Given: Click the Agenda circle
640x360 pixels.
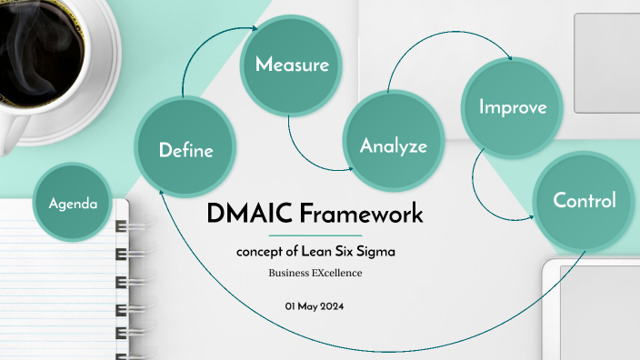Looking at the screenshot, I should point(73,203).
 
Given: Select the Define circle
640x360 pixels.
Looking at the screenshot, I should point(185,150).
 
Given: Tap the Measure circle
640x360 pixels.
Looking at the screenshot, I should point(291,65).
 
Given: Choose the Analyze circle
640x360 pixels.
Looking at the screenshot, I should point(393,145).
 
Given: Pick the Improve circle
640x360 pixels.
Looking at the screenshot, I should point(513,106).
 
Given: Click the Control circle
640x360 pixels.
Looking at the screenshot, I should point(585,200).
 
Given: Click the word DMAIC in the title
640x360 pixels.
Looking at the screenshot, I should point(245,215).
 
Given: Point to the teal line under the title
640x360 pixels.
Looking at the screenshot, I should point(314,235).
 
